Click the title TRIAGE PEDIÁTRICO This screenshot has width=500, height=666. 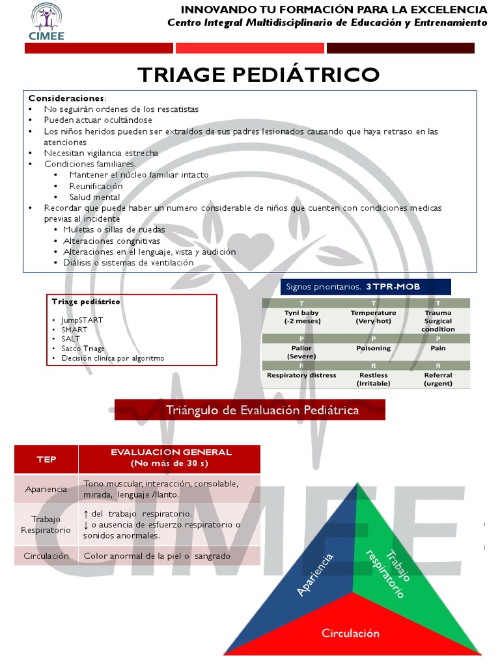[x=258, y=74]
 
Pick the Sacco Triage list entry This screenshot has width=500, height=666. [x=83, y=349]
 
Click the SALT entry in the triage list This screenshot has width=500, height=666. [x=71, y=339]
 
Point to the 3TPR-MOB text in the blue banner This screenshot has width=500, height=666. [x=393, y=287]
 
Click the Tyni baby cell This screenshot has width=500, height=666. [x=301, y=317]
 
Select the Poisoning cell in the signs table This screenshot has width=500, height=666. [x=373, y=348]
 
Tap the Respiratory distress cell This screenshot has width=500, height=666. [x=301, y=375]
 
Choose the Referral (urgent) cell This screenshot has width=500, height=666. [x=438, y=379]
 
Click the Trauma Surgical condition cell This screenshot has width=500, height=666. [x=438, y=321]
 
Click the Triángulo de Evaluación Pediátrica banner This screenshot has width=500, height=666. [x=262, y=410]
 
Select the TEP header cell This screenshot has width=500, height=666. [x=46, y=459]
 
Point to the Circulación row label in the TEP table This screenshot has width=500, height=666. [x=46, y=556]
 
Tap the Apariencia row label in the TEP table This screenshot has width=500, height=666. [x=46, y=489]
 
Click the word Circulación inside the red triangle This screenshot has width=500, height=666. [x=350, y=633]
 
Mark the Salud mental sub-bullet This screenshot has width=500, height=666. [x=94, y=197]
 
